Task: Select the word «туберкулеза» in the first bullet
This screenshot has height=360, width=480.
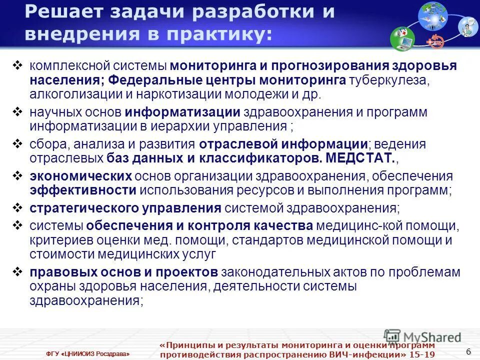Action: point(388,80)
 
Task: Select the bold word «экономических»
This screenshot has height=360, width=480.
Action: point(80,176)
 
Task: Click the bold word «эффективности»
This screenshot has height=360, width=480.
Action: point(82,190)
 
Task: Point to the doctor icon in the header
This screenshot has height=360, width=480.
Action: point(467,26)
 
